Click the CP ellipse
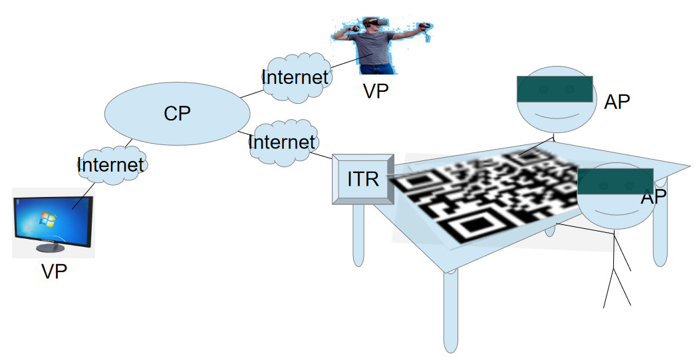(175, 114)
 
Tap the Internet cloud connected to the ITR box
(282, 142)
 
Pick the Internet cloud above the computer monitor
(110, 164)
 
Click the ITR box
(363, 179)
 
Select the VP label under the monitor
(54, 272)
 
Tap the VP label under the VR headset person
(376, 90)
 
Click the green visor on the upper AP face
(555, 89)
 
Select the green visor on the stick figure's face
(615, 180)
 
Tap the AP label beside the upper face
(617, 102)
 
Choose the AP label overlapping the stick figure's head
(653, 198)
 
